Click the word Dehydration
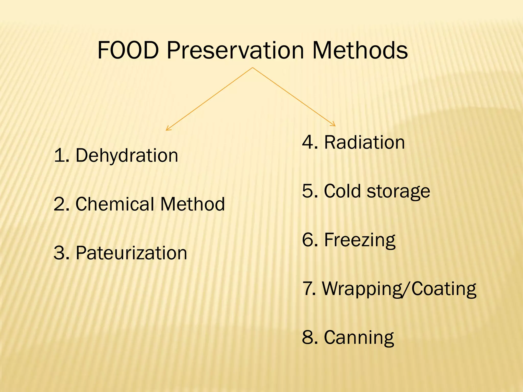click(127, 155)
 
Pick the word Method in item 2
click(193, 204)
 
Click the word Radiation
click(364, 142)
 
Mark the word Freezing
click(360, 240)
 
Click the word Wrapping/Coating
click(399, 289)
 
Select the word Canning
click(359, 338)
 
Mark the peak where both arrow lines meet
click(253, 68)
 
